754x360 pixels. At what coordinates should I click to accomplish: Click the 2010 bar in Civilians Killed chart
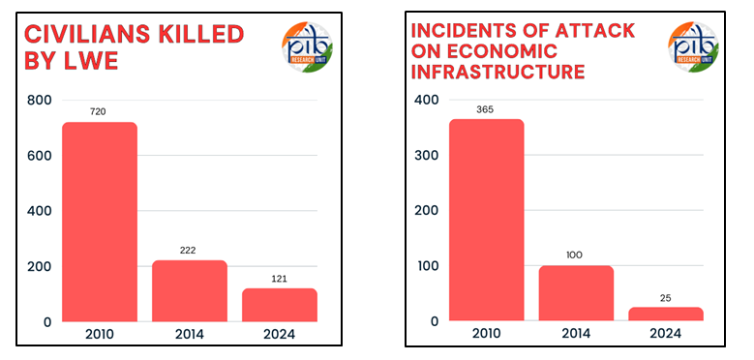100,222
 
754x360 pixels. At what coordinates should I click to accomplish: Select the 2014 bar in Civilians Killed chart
190,290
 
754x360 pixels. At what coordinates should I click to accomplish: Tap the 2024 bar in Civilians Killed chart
280,305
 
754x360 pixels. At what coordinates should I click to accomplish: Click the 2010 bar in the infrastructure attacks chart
486,220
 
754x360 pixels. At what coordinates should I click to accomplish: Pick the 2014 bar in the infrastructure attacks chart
576,293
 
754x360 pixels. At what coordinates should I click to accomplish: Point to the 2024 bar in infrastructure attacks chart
665,314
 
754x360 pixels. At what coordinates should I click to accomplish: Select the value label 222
190,251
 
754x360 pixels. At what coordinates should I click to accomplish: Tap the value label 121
280,279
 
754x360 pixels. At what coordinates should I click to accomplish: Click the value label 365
486,109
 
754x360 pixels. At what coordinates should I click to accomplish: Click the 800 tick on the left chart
38,101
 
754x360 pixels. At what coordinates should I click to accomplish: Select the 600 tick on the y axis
38,156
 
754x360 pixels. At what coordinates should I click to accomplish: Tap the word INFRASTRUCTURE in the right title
498,73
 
